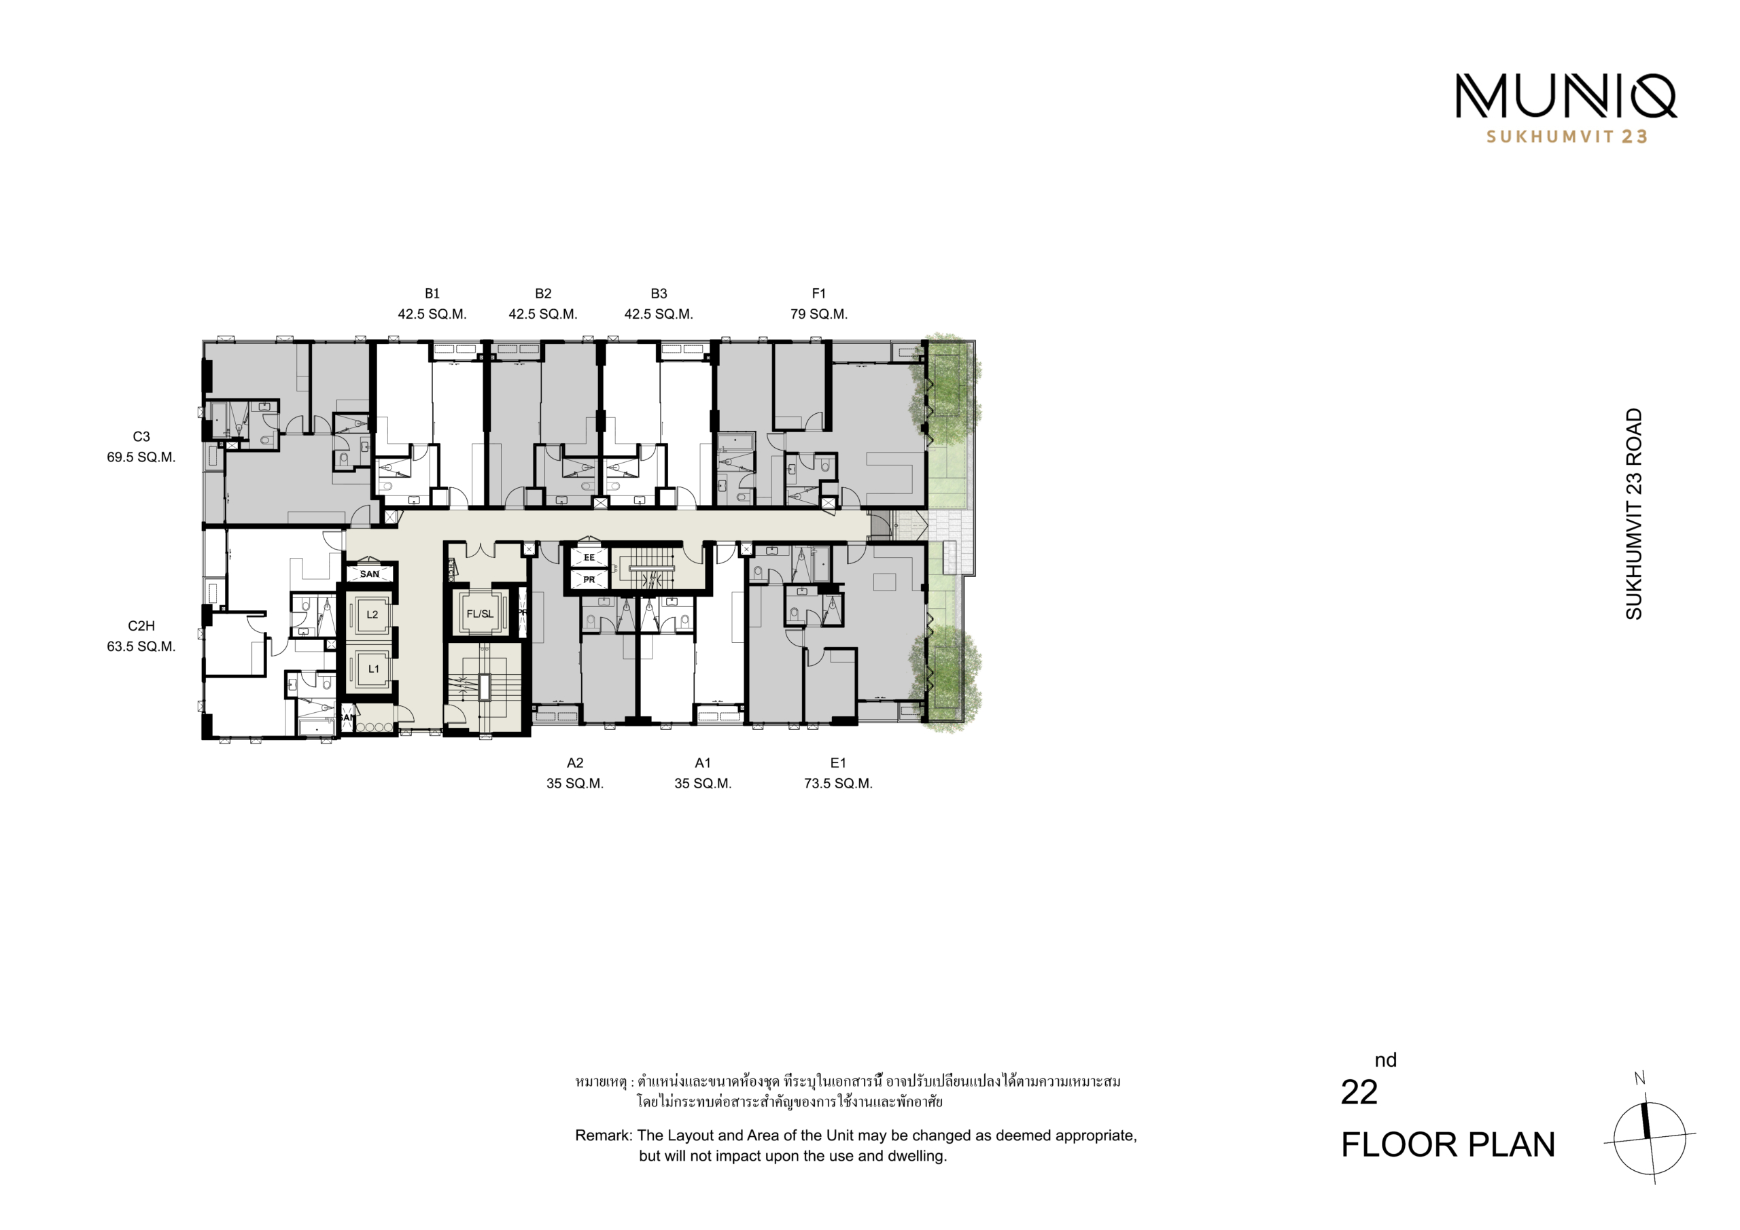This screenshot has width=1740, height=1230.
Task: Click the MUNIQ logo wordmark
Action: (x=1566, y=96)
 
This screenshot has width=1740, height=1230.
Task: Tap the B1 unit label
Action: (x=432, y=294)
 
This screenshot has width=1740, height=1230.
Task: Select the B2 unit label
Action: (x=542, y=294)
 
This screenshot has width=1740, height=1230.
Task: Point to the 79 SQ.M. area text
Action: (x=818, y=314)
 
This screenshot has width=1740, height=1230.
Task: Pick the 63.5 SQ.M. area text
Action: (x=141, y=646)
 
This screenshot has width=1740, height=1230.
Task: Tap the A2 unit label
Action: (x=575, y=763)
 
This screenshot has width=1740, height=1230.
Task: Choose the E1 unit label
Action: (x=838, y=763)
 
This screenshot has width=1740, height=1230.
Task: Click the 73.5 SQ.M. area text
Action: (x=838, y=784)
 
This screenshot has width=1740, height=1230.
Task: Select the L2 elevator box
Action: (x=371, y=614)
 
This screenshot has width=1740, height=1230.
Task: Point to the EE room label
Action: (x=589, y=558)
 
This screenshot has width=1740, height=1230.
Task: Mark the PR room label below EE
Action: (x=589, y=580)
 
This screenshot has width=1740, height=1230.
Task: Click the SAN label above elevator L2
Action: (x=370, y=574)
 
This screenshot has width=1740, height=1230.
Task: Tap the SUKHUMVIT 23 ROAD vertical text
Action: (x=1633, y=514)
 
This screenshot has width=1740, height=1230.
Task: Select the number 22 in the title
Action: (x=1359, y=1092)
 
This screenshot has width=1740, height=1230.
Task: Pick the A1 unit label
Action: (x=703, y=763)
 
